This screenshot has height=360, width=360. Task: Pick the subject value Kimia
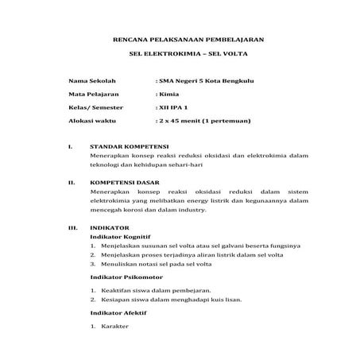168,94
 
